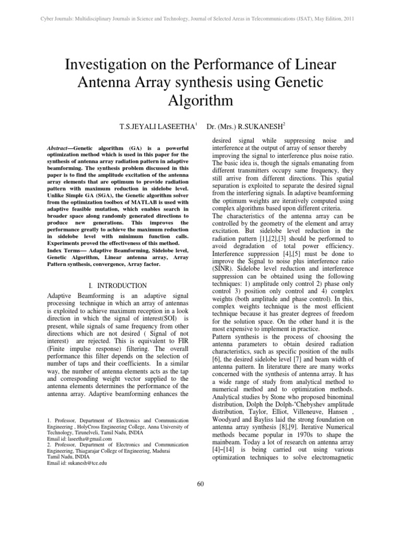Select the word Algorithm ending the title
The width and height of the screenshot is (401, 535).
[200, 100]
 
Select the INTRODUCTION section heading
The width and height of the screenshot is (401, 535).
[122, 286]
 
